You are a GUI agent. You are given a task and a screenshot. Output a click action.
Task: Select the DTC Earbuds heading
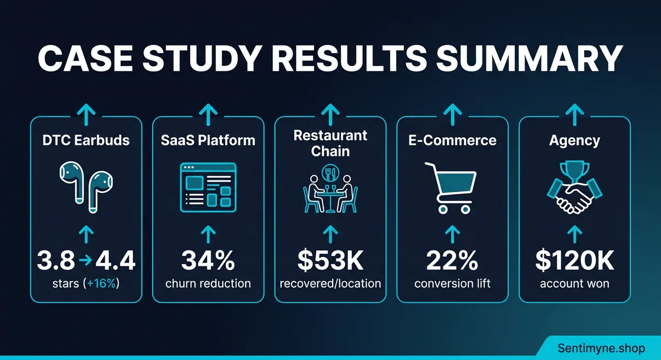point(86,140)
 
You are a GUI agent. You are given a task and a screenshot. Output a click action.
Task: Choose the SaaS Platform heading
point(208,140)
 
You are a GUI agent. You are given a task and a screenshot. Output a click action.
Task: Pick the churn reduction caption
point(208,284)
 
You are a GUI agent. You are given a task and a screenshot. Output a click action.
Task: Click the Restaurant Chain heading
point(330,143)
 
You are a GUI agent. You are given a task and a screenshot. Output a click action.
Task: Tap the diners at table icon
point(330,190)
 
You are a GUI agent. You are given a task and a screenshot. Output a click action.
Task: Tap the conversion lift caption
point(453,284)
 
